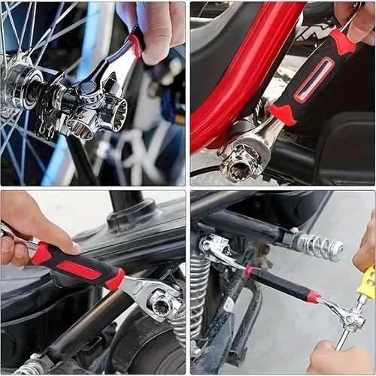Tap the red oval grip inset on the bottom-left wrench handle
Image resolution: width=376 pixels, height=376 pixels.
[x=79, y=269]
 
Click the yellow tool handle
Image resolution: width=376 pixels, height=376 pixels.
[x=365, y=284]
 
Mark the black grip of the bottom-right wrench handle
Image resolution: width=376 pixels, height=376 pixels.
[x=278, y=284]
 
